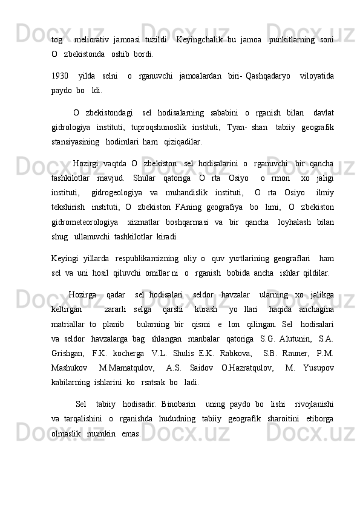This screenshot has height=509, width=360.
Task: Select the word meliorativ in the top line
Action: [91, 39]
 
